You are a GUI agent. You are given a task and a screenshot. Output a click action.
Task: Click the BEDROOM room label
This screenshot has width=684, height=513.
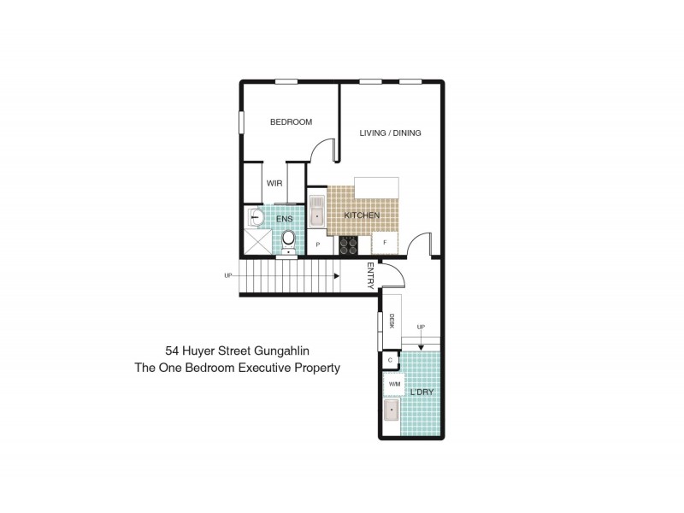tap(291, 122)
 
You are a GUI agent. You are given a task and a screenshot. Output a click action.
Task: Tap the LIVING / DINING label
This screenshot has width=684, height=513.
tap(390, 133)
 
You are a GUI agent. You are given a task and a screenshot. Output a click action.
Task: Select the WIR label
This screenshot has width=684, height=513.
tap(274, 183)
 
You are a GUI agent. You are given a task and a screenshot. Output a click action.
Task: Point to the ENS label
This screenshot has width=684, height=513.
tap(285, 219)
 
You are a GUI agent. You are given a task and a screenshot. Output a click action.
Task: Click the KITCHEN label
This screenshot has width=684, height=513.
tap(362, 215)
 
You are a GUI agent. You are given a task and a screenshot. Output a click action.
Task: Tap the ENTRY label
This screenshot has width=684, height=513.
tap(370, 275)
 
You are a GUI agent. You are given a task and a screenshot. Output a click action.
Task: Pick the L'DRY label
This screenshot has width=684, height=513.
tap(422, 392)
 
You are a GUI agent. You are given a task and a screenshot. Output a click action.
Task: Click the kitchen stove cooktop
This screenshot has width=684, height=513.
tap(349, 245)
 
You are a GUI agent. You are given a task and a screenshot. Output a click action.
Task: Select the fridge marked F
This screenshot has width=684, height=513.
tap(385, 243)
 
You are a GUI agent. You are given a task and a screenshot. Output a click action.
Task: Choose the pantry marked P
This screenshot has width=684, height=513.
tap(318, 245)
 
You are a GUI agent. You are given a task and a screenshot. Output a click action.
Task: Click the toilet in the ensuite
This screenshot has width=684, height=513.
tap(288, 241)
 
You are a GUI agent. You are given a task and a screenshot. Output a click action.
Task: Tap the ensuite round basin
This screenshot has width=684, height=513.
tap(255, 217)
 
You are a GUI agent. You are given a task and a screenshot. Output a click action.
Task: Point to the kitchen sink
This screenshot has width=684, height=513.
tap(316, 211)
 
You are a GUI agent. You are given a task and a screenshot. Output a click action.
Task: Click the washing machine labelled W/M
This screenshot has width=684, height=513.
tap(394, 384)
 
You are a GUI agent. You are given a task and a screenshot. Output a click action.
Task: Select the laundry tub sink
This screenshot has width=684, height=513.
tap(392, 410)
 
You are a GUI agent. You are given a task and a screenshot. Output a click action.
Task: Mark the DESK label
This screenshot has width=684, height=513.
tap(392, 321)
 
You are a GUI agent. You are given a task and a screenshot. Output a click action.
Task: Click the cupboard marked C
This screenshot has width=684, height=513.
tap(390, 360)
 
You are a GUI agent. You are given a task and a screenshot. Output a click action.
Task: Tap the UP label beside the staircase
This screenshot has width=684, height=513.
tap(228, 275)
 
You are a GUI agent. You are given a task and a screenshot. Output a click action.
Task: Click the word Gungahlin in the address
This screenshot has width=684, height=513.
tap(282, 351)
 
